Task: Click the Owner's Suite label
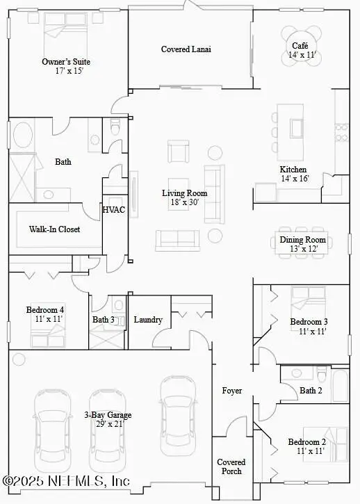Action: (66, 62)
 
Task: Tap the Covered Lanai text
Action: (186, 49)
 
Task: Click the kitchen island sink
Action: (297, 129)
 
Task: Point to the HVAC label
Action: (114, 209)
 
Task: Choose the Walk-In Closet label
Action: (54, 229)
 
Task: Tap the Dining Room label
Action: (302, 240)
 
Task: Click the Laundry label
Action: (148, 320)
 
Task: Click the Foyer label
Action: (232, 391)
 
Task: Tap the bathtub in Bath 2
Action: (340, 386)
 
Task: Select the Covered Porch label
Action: (231, 466)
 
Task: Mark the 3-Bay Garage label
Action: (108, 415)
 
